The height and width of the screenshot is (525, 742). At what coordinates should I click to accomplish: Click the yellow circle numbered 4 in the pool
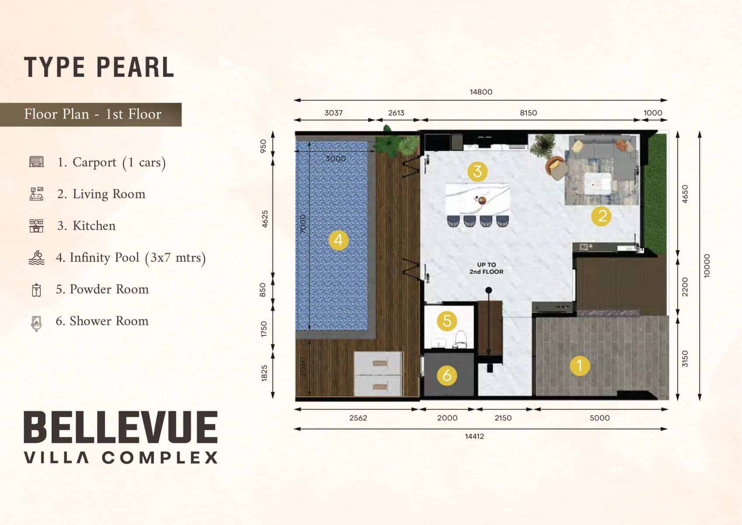tap(338, 240)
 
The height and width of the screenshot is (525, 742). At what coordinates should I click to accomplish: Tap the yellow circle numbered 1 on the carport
tap(580, 366)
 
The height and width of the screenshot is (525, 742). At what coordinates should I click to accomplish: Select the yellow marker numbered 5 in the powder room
tap(447, 321)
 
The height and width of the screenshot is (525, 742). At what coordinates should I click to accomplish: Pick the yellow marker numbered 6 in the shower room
tap(447, 375)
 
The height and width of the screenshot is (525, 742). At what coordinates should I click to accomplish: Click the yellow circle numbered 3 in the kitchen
tap(477, 171)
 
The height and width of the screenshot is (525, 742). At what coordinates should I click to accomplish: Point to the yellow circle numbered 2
tap(601, 216)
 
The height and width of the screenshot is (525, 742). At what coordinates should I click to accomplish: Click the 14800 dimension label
tap(481, 92)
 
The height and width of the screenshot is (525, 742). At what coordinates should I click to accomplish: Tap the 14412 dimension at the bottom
tap(474, 436)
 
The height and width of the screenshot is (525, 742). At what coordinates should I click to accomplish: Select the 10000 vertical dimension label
tap(707, 266)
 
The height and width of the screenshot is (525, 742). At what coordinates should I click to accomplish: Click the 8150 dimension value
tap(528, 113)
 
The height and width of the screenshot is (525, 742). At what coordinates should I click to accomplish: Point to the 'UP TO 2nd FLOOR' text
tap(486, 268)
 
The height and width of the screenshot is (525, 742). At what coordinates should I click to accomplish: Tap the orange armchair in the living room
tap(556, 168)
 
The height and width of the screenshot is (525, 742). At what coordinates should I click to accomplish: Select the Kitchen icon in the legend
tap(36, 226)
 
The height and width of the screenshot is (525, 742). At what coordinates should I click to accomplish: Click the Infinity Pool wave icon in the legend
tap(36, 258)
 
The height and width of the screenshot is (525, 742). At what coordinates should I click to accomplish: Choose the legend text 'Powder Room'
tap(109, 289)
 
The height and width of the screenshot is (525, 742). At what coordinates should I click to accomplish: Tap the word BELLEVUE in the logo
tap(121, 427)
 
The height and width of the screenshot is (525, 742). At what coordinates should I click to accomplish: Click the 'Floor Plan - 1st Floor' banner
tap(91, 114)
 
